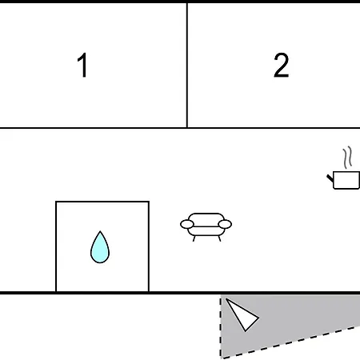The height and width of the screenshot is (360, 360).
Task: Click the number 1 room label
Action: coord(83,65)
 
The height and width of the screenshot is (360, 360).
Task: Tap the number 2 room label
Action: coord(281,65)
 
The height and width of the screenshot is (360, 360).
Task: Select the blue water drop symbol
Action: coord(100,247)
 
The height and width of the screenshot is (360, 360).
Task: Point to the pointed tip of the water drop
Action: coord(100,231)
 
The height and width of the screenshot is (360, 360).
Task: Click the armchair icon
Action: coord(206,227)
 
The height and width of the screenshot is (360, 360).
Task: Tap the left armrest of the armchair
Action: coord(187,224)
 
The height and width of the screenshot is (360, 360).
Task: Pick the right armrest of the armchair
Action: coord(225,224)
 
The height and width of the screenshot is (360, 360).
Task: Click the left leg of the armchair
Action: coord(194,238)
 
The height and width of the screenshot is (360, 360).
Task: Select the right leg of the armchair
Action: coord(219,238)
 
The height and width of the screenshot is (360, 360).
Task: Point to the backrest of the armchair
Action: coord(206,217)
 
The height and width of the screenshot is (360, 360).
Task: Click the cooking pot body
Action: coord(346,180)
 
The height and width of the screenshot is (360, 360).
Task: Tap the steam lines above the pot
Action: coord(347,158)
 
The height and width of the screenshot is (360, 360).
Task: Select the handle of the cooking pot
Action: coord(330,178)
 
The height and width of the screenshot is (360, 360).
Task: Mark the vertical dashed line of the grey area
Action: coord(221,326)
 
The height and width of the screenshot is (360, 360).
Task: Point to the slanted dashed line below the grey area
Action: coord(290,342)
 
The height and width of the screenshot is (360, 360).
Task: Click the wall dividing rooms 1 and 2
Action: coord(187,66)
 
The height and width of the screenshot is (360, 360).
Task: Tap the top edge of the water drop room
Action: coord(102,202)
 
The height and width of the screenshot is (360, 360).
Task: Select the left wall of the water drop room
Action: coord(56,246)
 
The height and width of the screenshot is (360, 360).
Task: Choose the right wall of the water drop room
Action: coord(149,246)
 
